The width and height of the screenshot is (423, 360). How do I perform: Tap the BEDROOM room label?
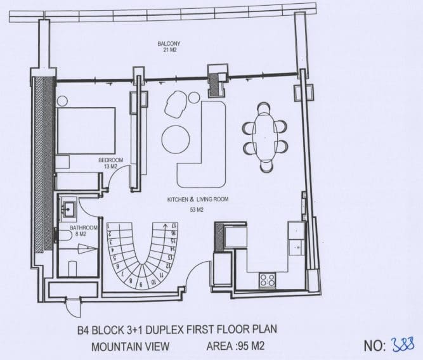coord(110,160)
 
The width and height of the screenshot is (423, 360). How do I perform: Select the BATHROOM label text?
coord(84,228)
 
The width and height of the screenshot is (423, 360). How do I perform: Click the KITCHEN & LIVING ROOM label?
coord(198,200)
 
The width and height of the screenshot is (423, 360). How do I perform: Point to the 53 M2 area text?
coord(197,210)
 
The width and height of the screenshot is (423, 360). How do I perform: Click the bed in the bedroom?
coord(86,131)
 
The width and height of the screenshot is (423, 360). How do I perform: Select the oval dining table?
coord(265,137)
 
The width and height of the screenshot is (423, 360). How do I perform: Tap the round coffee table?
coord(175,140)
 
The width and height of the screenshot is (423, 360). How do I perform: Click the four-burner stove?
coord(267,280)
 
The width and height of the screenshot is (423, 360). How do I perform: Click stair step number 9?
coord(141,284)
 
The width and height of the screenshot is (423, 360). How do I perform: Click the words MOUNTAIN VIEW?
coord(130,347)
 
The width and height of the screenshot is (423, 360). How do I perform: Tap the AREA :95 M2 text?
coord(235,346)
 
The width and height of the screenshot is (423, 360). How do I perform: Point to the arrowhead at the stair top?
coord(164,226)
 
